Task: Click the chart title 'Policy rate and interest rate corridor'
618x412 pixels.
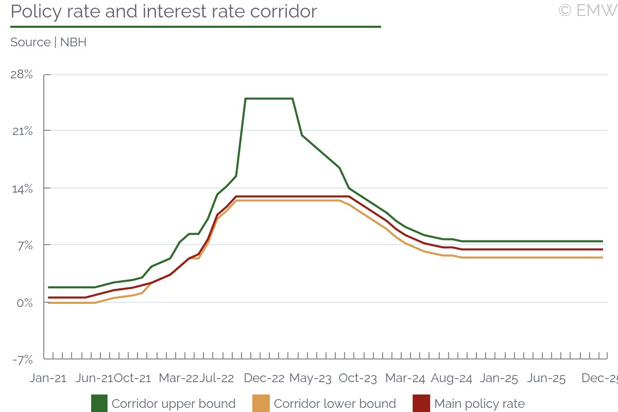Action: click(164, 11)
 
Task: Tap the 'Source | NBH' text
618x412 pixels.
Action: click(48, 42)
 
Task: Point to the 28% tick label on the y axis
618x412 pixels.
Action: click(22, 75)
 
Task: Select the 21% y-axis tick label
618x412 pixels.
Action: click(22, 131)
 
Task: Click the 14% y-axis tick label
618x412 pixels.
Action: click(22, 188)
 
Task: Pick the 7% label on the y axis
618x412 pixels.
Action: click(25, 245)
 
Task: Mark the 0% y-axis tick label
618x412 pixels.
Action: click(24, 302)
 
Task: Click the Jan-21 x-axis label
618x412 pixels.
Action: click(48, 379)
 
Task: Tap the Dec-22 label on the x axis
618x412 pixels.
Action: click(264, 379)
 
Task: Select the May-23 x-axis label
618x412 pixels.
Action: click(311, 379)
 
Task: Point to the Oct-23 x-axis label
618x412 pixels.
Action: click(358, 379)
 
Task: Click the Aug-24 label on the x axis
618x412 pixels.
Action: click(452, 379)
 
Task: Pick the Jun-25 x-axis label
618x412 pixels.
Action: click(546, 379)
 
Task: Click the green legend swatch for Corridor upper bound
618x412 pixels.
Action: click(99, 403)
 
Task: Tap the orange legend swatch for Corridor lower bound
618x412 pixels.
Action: click(261, 403)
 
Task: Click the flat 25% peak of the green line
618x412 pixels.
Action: click(269, 98)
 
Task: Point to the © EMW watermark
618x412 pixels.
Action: click(588, 10)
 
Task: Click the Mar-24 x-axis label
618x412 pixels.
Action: click(405, 379)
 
